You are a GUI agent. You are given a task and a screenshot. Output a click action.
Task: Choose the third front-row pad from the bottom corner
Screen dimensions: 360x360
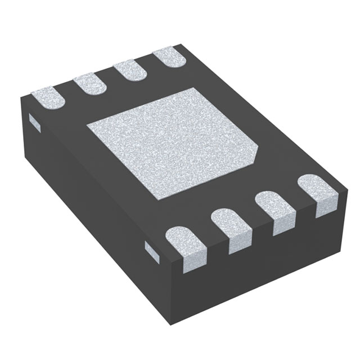(274, 213)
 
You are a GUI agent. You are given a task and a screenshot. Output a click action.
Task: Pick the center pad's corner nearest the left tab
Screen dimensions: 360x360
(87, 125)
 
